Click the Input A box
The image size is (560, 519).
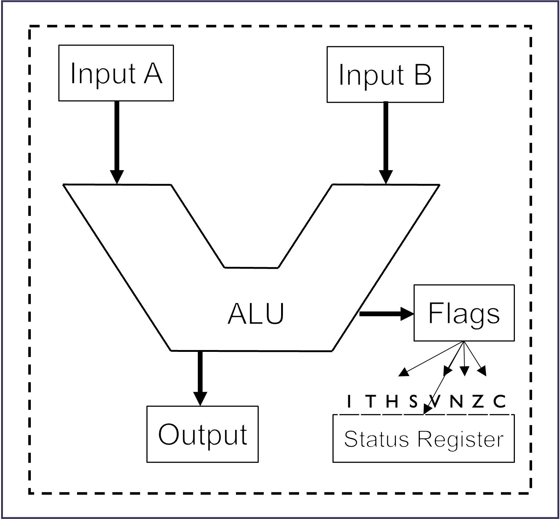click(116, 73)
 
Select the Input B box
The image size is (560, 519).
click(385, 74)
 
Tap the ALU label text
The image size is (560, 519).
click(256, 314)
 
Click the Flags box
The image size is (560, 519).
click(464, 313)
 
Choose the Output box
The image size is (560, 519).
click(202, 434)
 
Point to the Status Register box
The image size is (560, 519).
click(423, 439)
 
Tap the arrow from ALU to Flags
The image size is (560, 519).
click(385, 313)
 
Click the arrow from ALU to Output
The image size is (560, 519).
click(200, 378)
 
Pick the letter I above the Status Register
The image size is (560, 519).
click(349, 402)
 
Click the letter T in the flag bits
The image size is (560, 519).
click(371, 402)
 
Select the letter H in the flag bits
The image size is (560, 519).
click(392, 402)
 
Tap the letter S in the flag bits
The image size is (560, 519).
click(413, 402)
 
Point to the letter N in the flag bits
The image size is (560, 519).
click(456, 402)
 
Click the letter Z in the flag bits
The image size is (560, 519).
click(477, 402)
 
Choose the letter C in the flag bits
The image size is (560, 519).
click(499, 402)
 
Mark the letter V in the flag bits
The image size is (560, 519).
click(434, 402)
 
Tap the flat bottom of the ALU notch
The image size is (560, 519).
click(251, 268)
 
